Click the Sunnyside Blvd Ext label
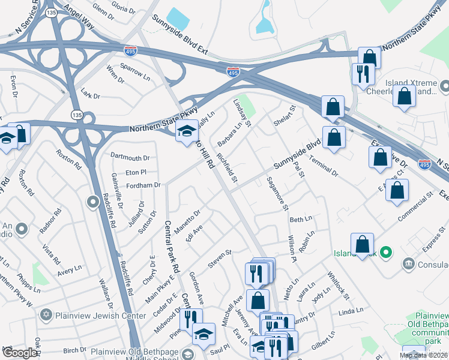pos(179,35)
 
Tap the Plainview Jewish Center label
pos(100,316)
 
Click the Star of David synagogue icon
pos(46,315)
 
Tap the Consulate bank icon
pos(409,263)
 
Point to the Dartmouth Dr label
pos(130,158)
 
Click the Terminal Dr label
pos(324,165)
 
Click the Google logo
pos(19,353)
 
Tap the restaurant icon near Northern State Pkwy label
pos(362,74)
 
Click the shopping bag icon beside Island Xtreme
pos(405,95)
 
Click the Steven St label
pos(220,256)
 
